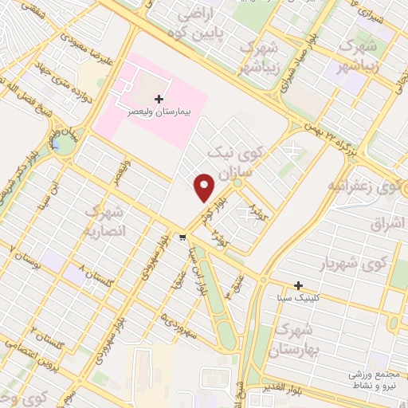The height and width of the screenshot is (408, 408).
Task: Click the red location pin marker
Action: click(x=205, y=187)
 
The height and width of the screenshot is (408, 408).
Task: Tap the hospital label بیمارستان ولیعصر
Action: click(x=161, y=112)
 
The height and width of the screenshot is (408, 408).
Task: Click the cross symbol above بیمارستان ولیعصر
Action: click(x=159, y=100)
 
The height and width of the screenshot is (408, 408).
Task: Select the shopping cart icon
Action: click(x=183, y=237)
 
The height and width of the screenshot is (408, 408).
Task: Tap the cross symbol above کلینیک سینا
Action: click(x=298, y=285)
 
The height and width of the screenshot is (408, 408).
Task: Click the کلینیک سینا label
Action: click(x=298, y=297)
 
